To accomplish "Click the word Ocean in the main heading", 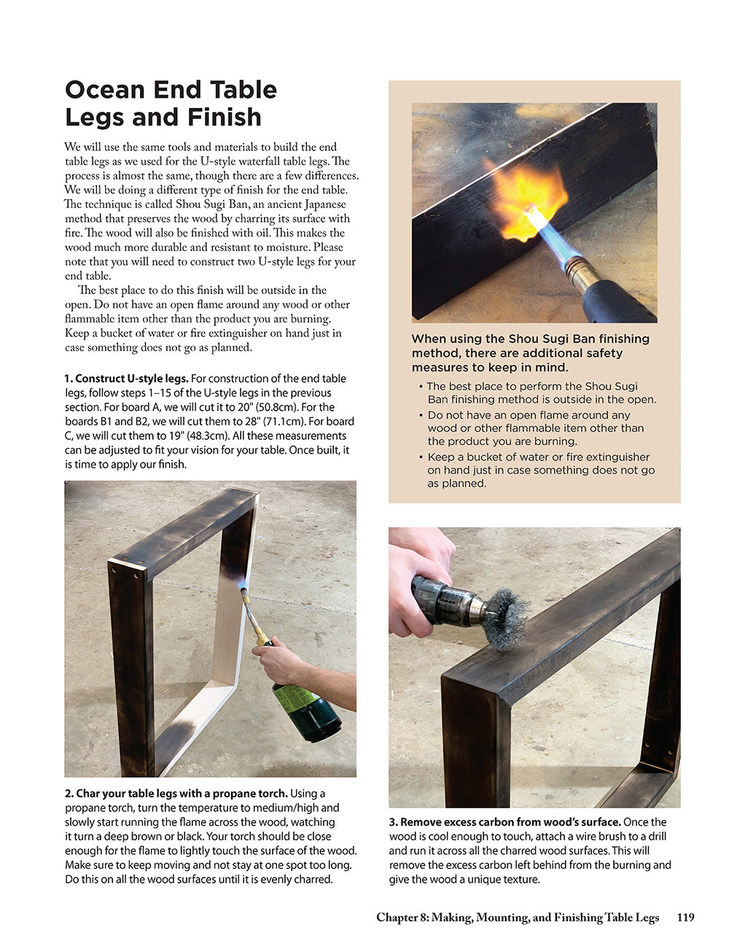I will (105, 90).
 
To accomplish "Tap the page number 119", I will (685, 918).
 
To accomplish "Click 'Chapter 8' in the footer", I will (402, 918).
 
